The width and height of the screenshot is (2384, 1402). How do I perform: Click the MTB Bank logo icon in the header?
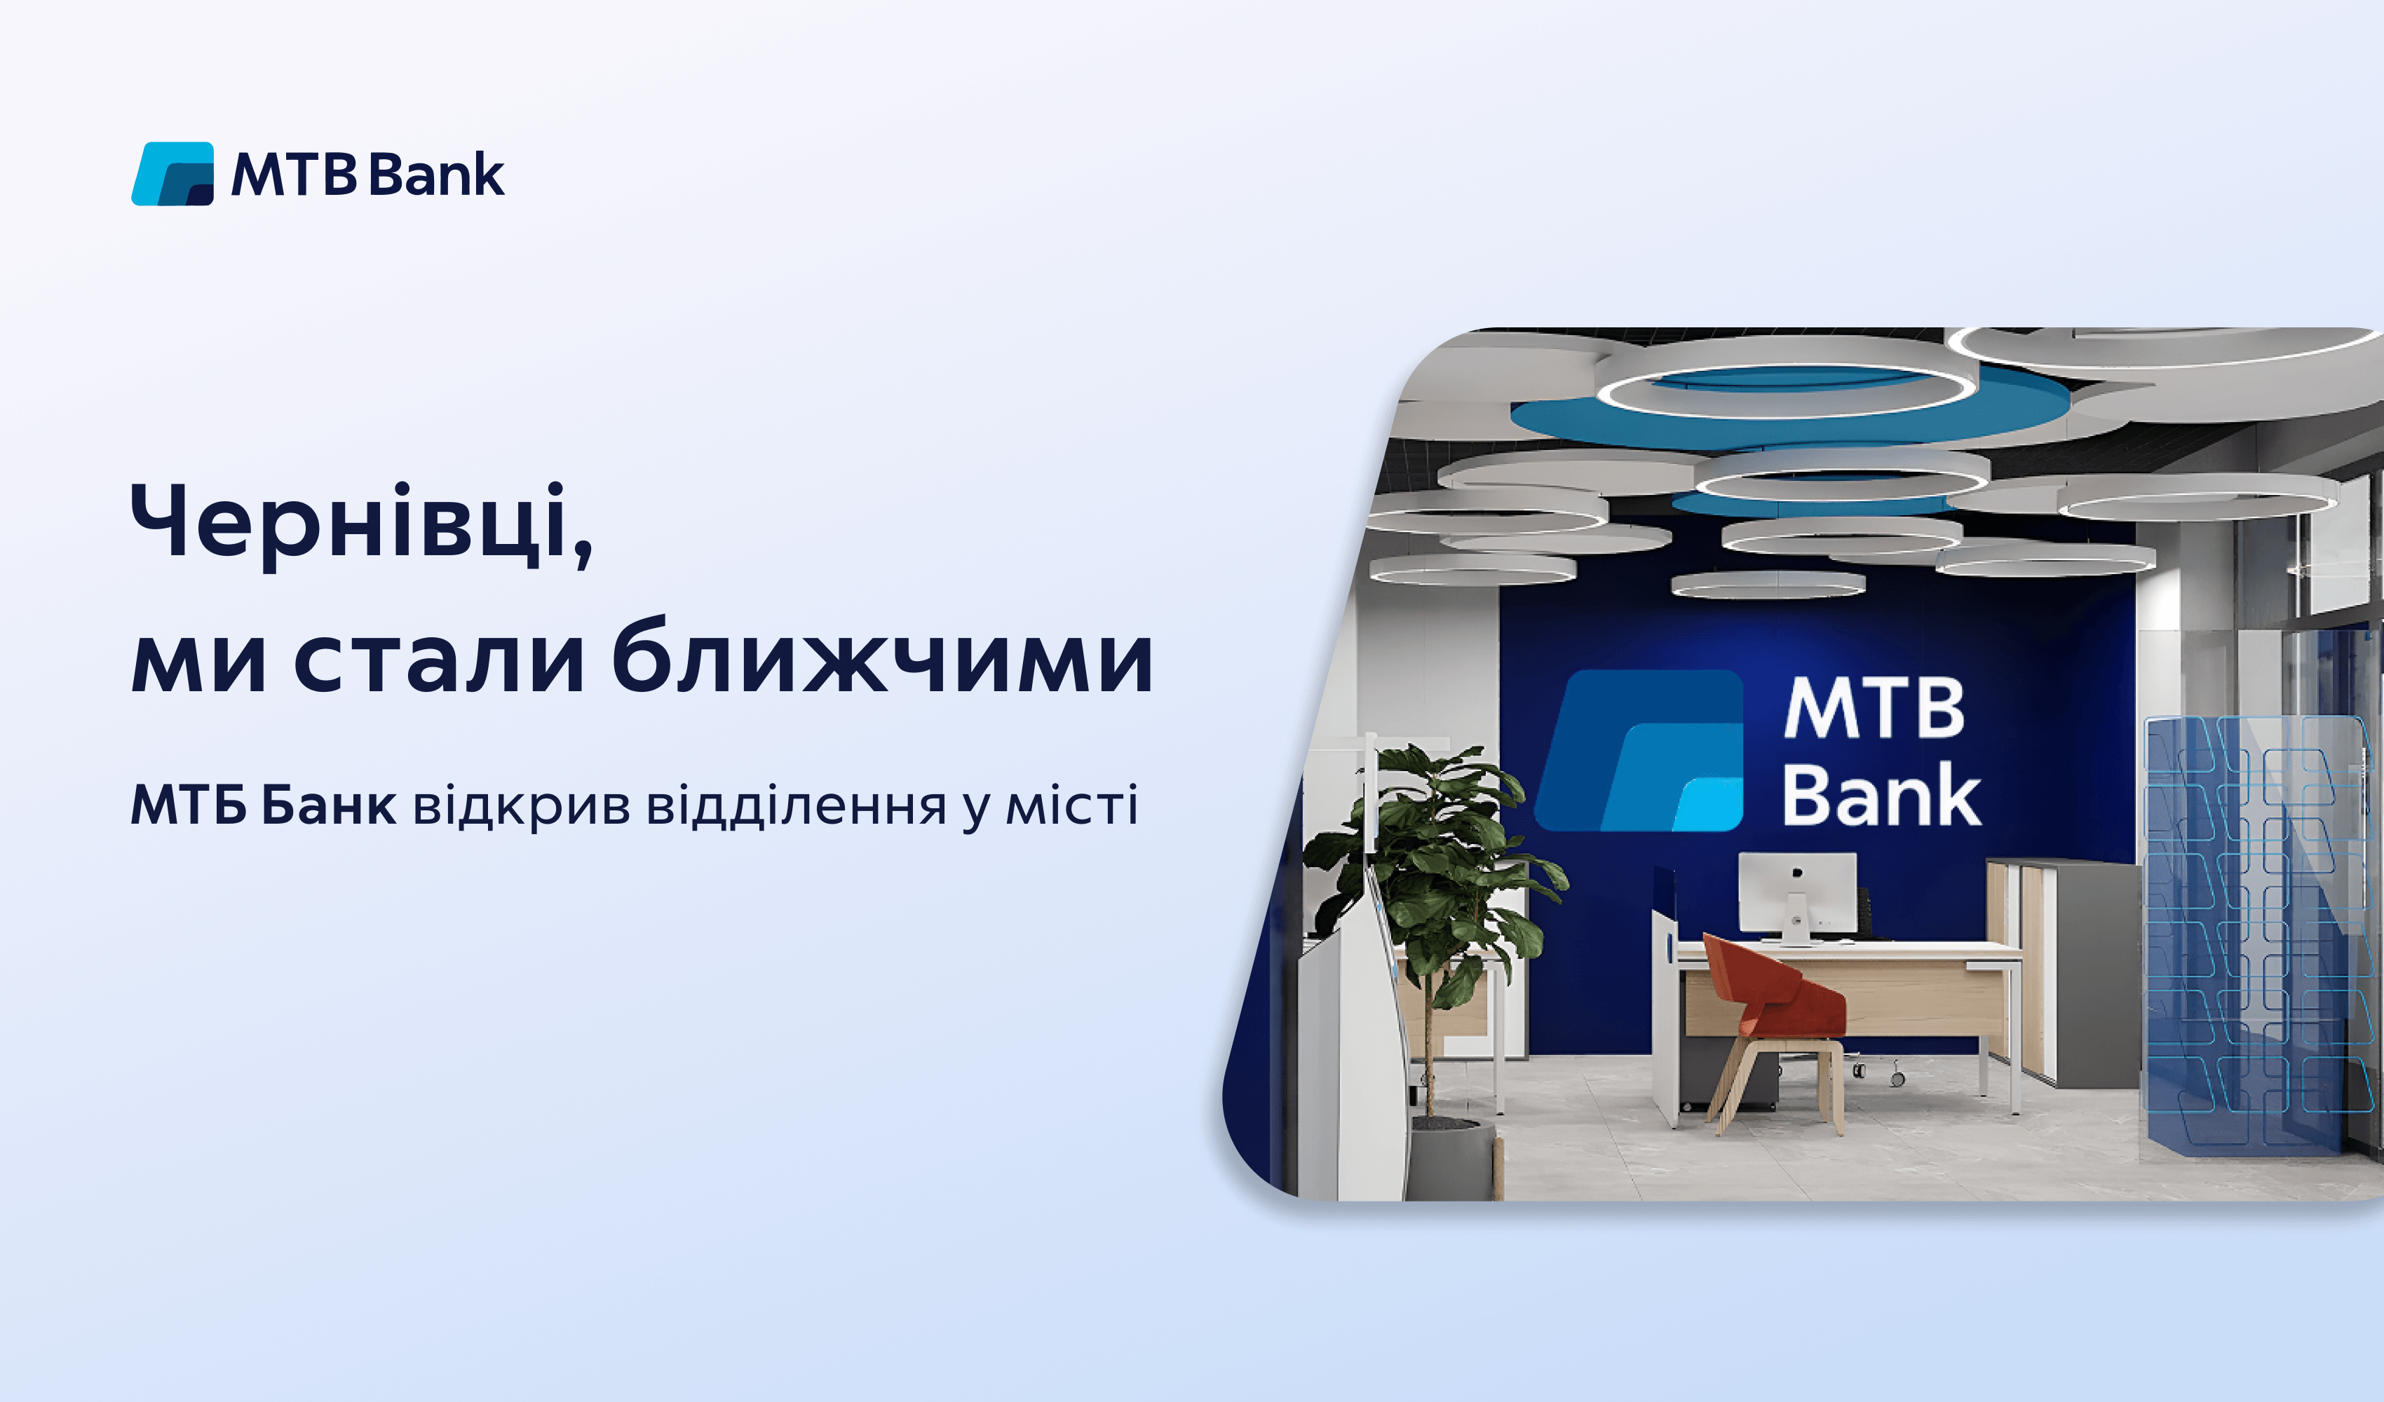click(172, 174)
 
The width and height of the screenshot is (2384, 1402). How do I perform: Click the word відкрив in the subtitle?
click(521, 806)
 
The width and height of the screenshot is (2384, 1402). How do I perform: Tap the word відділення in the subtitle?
click(796, 806)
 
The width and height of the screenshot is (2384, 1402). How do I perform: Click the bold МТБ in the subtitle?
click(188, 806)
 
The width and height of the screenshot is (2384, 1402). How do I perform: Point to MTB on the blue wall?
click(1873, 709)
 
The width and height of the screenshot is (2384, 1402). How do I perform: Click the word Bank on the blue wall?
click(1881, 796)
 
